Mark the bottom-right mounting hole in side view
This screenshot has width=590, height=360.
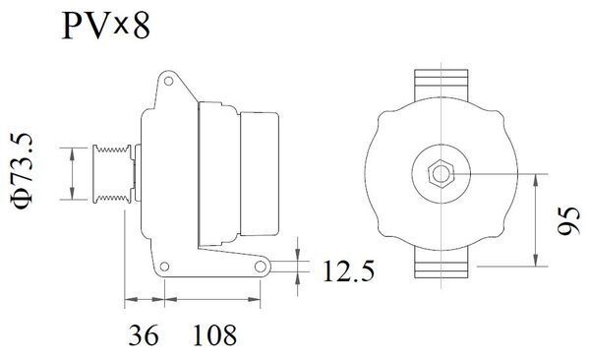(260, 266)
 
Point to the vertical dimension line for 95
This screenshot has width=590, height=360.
(536, 221)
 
